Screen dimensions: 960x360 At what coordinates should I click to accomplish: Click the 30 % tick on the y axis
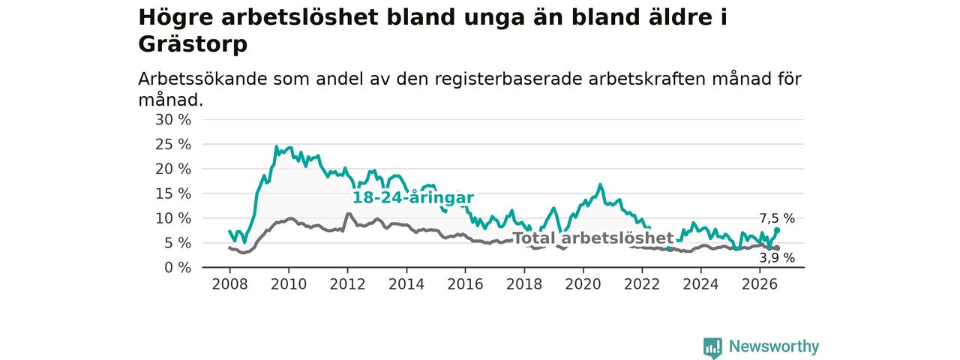173,120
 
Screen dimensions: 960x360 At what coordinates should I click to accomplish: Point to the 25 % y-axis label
173,145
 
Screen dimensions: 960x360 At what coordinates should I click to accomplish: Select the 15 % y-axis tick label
173,193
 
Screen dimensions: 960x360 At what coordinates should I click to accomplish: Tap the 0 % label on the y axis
178,268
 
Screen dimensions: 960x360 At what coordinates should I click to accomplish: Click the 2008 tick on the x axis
229,284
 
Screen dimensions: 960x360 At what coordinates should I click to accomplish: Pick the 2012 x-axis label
347,284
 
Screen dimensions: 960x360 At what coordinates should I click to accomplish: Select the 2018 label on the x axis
524,284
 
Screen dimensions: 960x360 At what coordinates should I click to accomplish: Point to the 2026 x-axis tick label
760,284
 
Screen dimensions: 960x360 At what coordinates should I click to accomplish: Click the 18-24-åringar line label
413,197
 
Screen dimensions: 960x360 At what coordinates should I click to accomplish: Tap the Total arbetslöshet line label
593,238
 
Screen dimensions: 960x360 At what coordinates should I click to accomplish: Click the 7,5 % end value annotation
777,218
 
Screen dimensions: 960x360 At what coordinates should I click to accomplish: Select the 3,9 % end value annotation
777,257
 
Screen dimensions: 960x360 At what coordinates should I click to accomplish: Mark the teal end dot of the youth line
777,230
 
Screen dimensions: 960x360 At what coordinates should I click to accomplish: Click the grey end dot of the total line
777,248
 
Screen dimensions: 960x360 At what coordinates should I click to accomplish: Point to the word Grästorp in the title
193,44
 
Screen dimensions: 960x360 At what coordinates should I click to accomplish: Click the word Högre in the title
175,18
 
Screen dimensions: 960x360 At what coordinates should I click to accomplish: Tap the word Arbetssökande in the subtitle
202,79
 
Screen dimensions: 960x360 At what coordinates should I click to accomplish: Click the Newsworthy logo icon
712,348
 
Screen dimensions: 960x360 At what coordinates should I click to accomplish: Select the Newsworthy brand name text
774,346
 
